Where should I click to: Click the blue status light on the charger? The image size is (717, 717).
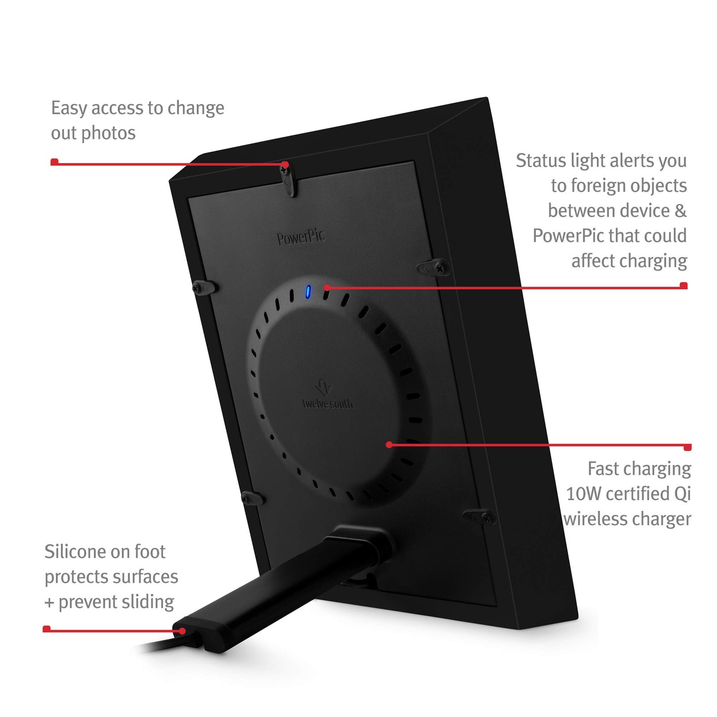click(x=308, y=292)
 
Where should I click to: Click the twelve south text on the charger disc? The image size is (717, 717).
click(x=328, y=404)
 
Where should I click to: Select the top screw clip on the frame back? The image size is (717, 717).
click(x=288, y=179)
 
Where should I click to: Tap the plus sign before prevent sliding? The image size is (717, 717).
click(x=49, y=603)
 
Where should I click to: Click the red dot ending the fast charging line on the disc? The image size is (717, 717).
click(x=389, y=445)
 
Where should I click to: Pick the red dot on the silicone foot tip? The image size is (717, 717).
click(x=182, y=631)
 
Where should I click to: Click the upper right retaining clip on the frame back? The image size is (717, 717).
click(x=434, y=268)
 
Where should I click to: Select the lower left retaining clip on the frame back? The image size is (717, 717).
click(x=252, y=498)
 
